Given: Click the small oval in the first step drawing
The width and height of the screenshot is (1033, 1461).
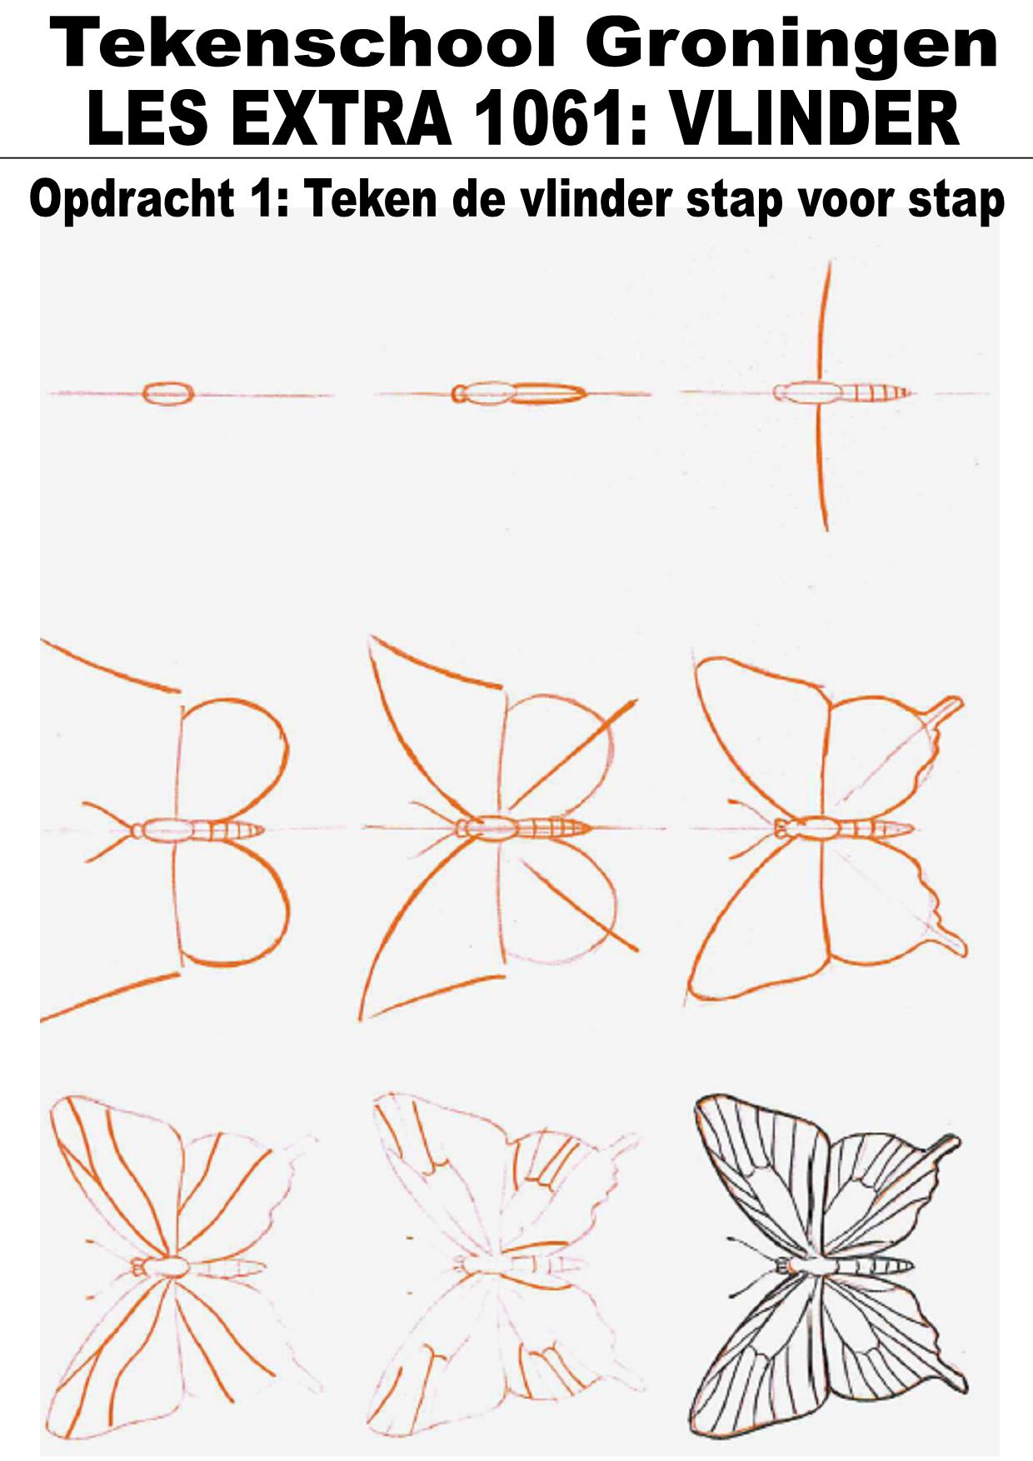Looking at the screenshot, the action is pos(168,393).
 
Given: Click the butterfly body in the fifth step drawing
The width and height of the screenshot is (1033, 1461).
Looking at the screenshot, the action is pos(523,828).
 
